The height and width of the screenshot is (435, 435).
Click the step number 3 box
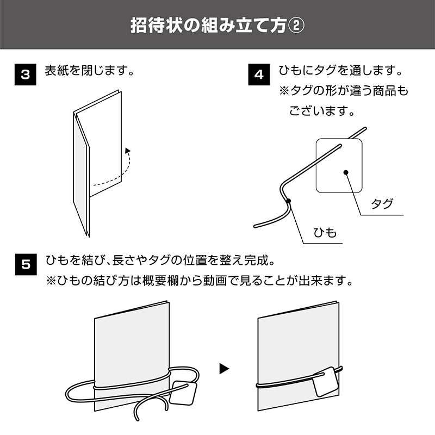[25, 74]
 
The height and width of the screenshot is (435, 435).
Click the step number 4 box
[259, 74]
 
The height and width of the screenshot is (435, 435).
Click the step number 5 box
[26, 264]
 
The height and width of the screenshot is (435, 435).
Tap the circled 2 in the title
[296, 26]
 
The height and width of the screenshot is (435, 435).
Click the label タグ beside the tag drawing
[382, 204]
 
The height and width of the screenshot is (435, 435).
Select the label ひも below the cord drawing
[325, 233]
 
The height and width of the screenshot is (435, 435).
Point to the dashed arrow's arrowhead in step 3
[128, 151]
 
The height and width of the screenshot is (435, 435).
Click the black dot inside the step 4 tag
[346, 172]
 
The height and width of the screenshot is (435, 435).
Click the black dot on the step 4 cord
[289, 201]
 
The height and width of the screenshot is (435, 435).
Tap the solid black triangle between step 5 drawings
[224, 369]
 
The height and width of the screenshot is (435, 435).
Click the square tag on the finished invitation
[326, 382]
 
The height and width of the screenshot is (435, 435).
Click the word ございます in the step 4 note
[318, 111]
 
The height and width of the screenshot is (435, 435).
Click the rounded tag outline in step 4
[339, 165]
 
